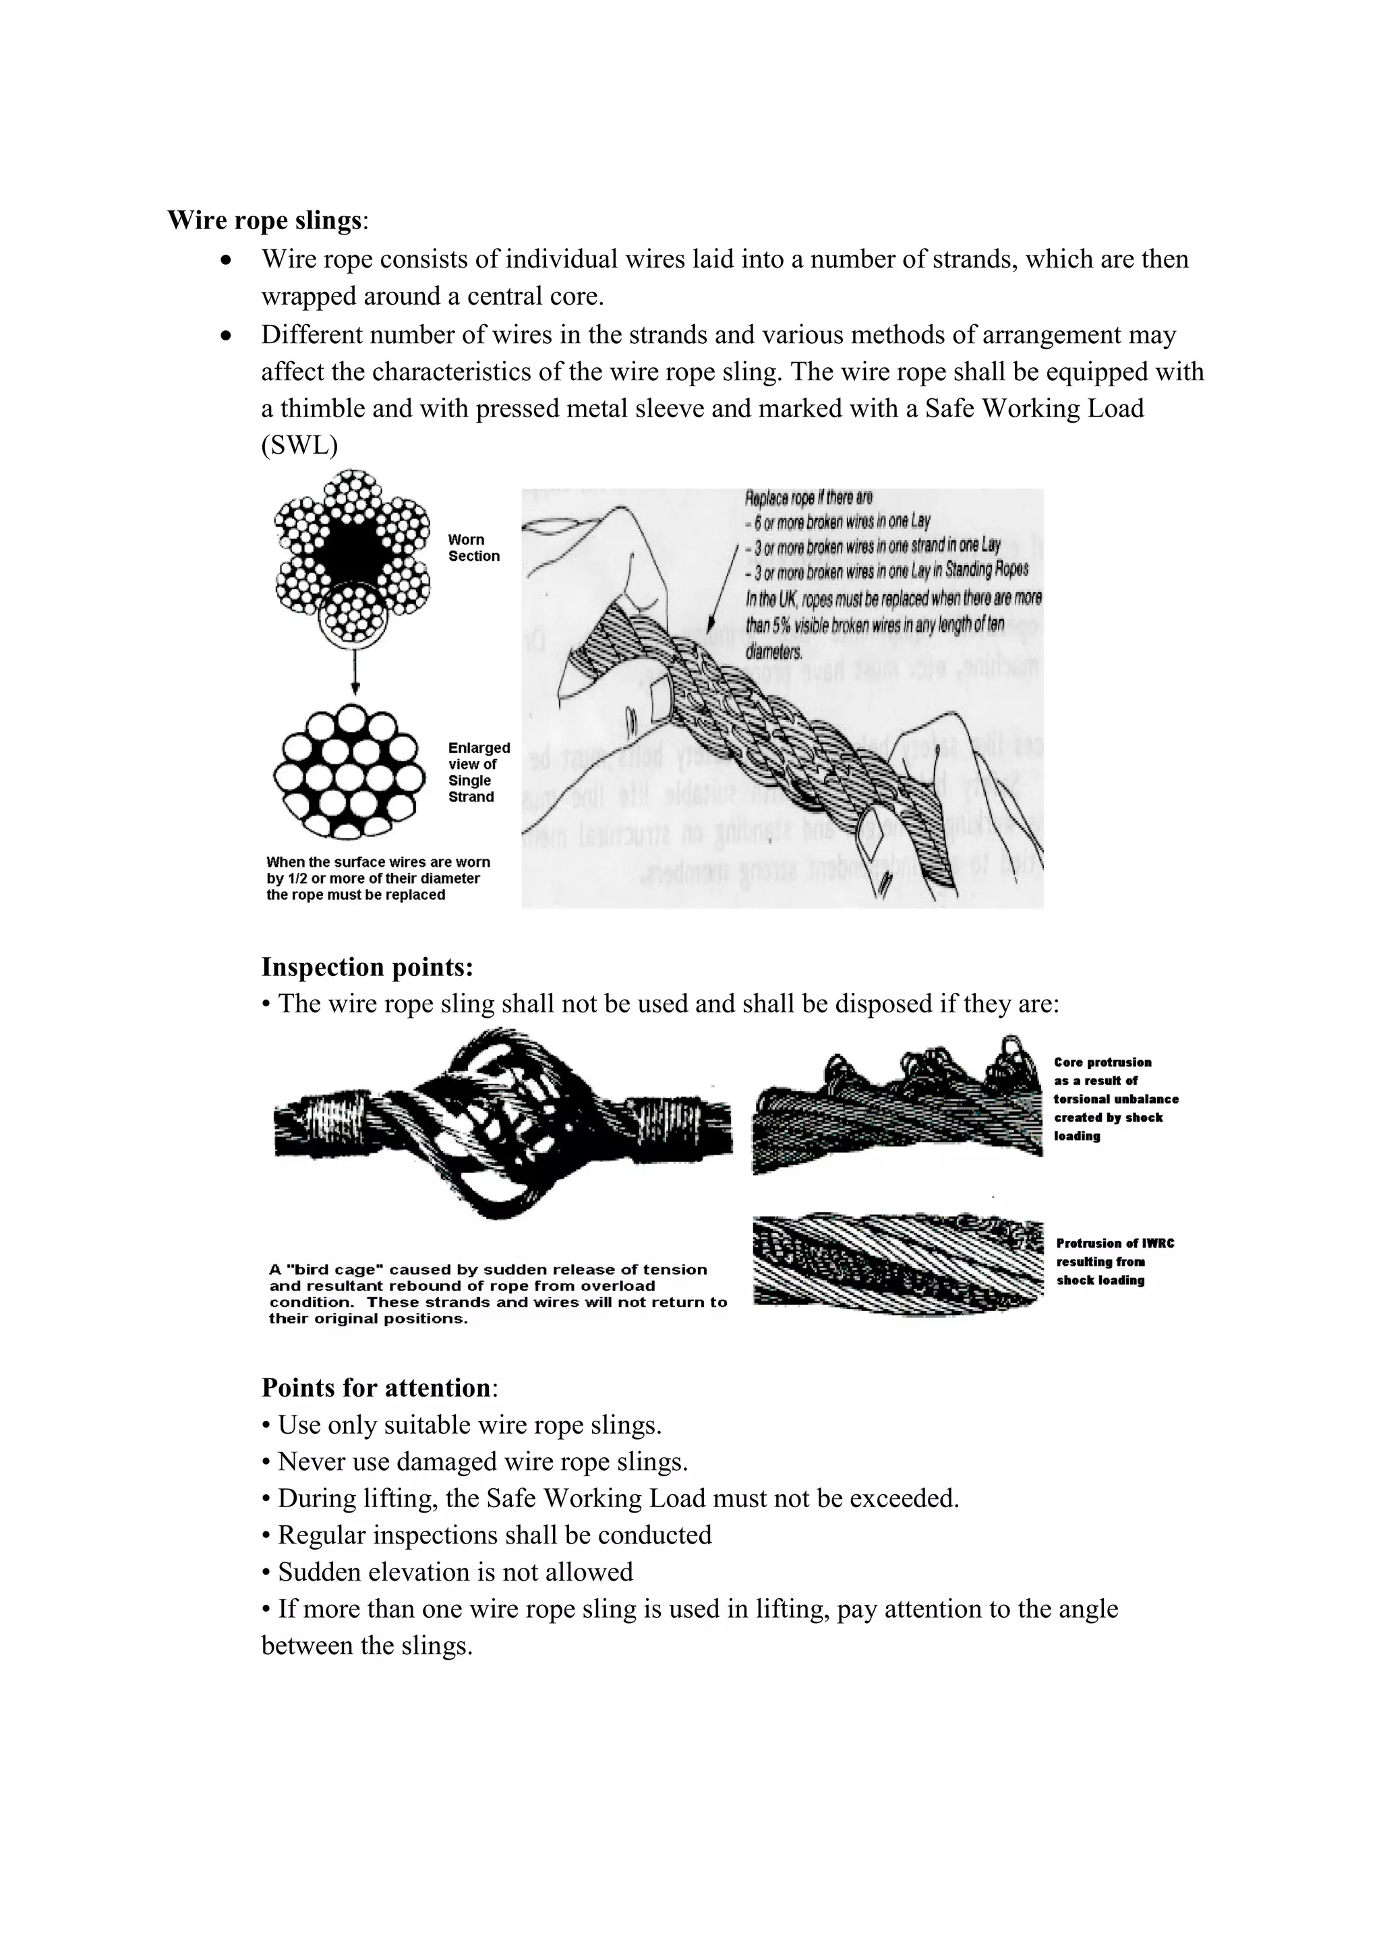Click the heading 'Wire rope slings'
click(x=264, y=220)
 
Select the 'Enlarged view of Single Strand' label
click(x=478, y=772)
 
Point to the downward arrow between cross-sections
click(x=355, y=671)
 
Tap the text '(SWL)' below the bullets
click(x=299, y=446)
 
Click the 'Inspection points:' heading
click(x=367, y=967)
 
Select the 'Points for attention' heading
click(x=376, y=1387)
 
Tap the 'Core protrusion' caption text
click(x=1102, y=1063)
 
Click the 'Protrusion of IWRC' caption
click(x=1115, y=1243)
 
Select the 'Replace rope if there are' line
click(x=808, y=497)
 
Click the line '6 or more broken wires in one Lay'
click(x=838, y=520)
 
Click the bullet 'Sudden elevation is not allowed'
click(x=447, y=1572)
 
